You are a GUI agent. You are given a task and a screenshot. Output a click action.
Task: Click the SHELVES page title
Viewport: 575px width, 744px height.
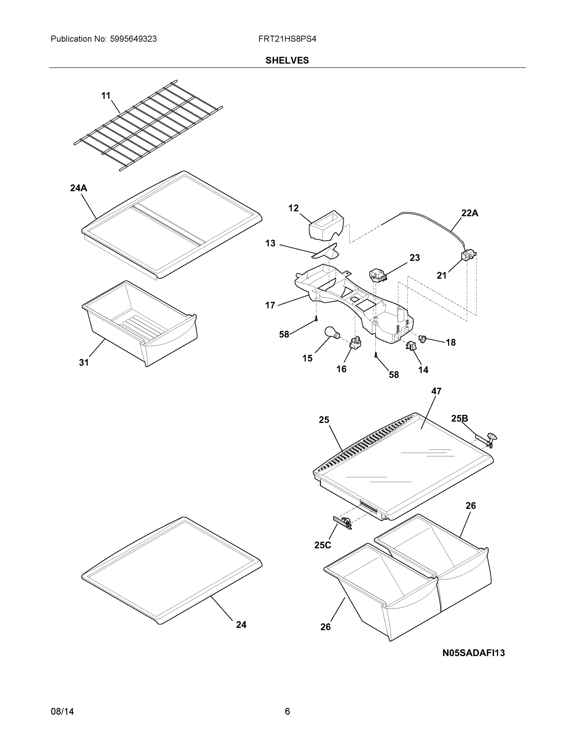point(287,60)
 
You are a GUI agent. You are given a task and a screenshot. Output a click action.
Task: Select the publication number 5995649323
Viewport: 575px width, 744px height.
point(133,39)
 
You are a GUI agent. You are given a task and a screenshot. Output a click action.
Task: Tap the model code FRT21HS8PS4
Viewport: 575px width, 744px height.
point(287,39)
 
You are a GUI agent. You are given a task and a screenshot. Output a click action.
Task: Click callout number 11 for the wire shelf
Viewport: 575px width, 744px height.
point(106,96)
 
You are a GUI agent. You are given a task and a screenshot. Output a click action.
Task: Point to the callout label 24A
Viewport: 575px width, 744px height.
point(78,188)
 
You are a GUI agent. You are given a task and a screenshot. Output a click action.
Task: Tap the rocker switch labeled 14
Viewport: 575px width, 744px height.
point(410,346)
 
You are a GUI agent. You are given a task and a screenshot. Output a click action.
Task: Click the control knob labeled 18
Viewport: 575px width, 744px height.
point(423,339)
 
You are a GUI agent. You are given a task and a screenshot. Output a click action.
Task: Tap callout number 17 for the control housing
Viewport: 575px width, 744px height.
point(270,306)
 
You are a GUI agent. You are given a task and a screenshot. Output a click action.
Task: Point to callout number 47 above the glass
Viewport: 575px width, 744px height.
point(436,392)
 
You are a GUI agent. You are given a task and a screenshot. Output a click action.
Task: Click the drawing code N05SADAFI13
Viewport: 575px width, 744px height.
point(473,653)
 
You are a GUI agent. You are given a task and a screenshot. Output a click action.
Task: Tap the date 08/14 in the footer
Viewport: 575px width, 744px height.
point(62,711)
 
